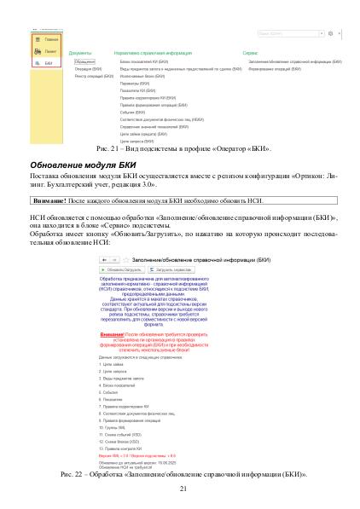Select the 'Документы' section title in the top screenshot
click(79, 53)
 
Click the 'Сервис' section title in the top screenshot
click(250, 53)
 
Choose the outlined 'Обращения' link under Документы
click(84, 62)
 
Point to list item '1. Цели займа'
click(114, 362)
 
